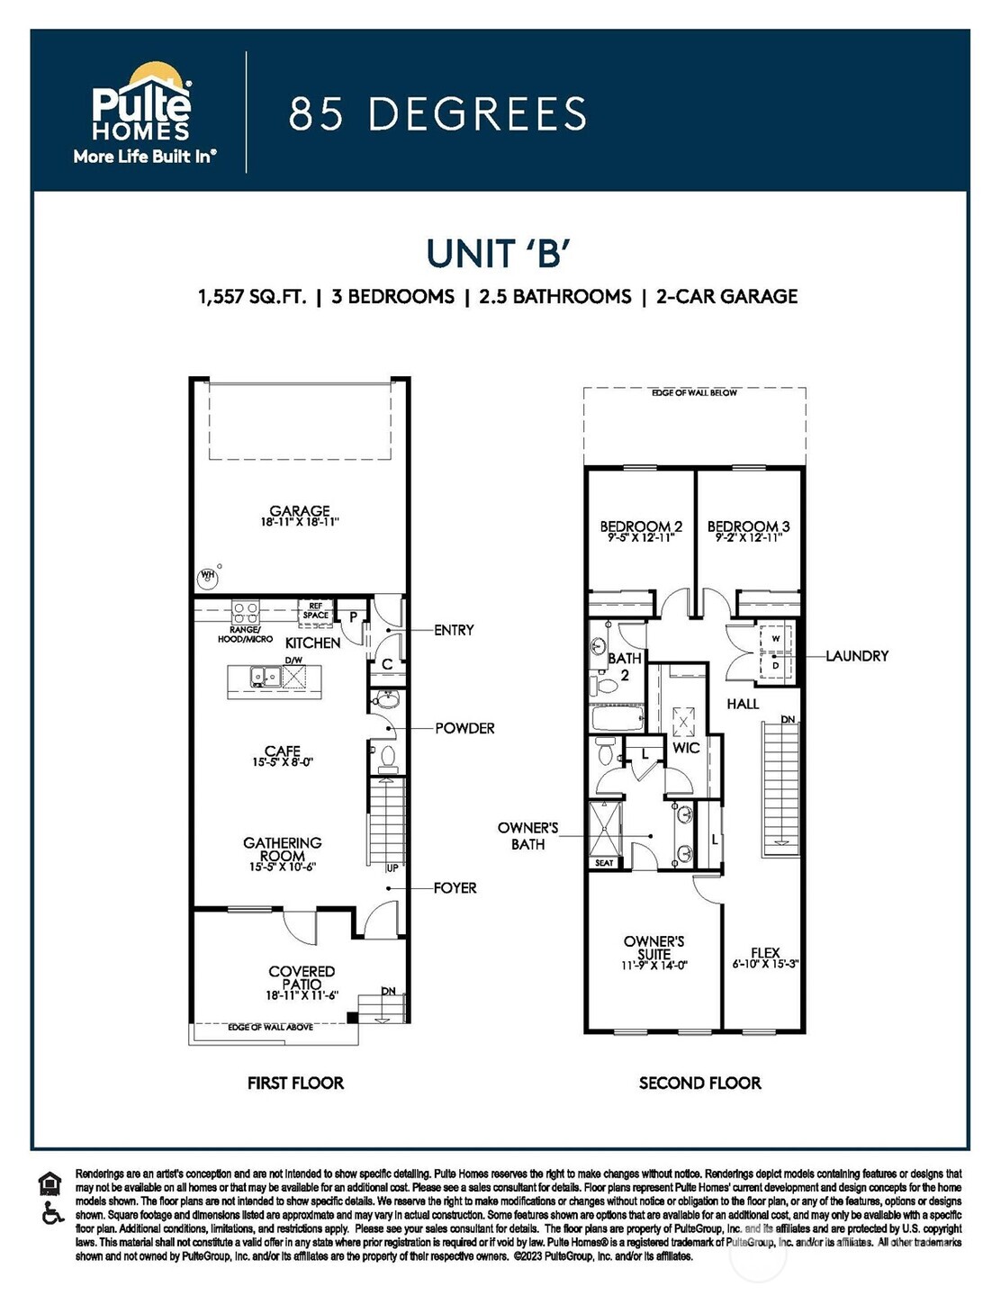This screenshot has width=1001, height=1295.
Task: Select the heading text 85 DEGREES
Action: (437, 114)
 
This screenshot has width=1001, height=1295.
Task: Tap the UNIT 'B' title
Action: (498, 254)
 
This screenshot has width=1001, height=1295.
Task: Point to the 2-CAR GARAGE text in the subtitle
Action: (726, 296)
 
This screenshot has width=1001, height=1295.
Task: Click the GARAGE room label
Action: (300, 511)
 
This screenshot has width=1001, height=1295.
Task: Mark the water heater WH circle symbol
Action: (208, 575)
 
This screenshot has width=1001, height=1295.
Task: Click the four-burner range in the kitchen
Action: (246, 614)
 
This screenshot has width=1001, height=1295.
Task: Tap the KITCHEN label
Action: (312, 643)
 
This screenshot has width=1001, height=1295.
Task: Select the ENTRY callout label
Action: (454, 630)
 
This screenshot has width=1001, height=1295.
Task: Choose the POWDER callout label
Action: (464, 728)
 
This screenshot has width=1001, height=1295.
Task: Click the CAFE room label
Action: (283, 751)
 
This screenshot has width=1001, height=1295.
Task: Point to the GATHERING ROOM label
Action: (283, 850)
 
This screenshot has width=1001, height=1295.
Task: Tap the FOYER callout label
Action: (455, 888)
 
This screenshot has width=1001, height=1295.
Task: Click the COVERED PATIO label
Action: (302, 978)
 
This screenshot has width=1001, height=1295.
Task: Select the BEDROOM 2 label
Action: (641, 526)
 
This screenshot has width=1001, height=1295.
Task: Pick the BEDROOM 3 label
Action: (748, 526)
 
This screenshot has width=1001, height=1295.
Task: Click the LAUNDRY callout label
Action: (856, 656)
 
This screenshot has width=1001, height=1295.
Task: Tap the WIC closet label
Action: (686, 748)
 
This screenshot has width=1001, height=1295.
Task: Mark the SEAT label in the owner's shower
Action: (604, 863)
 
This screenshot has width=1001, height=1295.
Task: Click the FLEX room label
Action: (765, 953)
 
